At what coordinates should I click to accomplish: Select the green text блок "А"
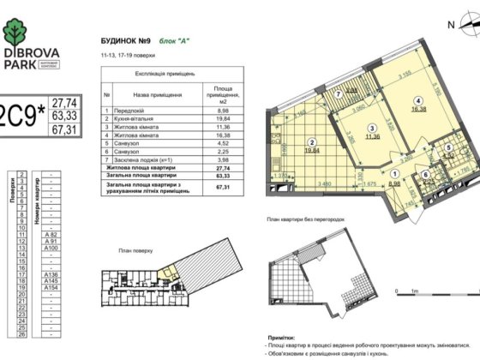tap(171, 41)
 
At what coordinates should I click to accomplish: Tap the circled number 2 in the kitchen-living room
tap(312, 143)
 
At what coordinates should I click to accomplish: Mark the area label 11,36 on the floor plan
tap(347, 136)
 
